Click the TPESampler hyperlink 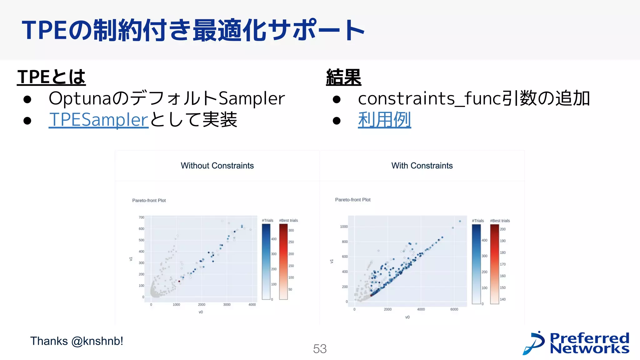(x=98, y=120)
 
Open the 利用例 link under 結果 (x=384, y=120)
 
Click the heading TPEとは (x=51, y=77)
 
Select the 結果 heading (x=343, y=77)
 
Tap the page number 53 (x=320, y=349)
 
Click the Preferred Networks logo (x=576, y=343)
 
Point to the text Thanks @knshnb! (x=77, y=341)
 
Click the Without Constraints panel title (x=217, y=166)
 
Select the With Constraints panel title (x=422, y=166)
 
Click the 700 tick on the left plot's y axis (x=141, y=217)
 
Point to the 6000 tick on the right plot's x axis (x=454, y=309)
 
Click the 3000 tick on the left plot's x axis (x=227, y=305)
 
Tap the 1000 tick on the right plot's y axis (x=344, y=227)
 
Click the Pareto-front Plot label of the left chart (x=149, y=200)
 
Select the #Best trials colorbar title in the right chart (x=500, y=221)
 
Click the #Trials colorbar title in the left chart (x=267, y=220)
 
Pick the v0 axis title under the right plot (x=407, y=317)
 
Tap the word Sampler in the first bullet (x=252, y=98)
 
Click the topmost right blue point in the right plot (x=460, y=221)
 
